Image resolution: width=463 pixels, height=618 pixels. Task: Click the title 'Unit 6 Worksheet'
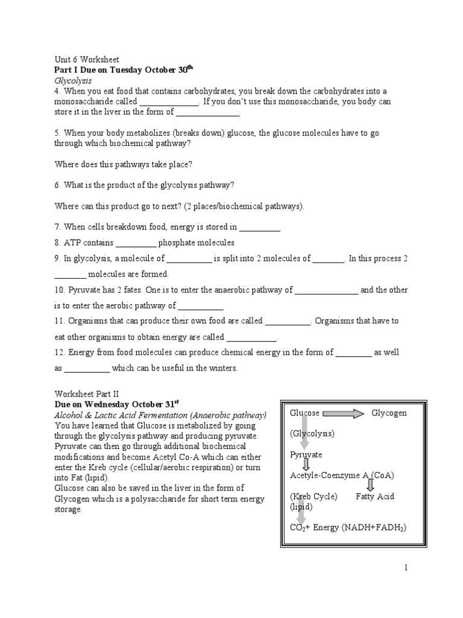pos(87,60)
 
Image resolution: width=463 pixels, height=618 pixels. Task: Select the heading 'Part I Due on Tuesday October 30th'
pos(124,70)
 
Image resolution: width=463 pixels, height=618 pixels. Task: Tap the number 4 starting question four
pos(57,91)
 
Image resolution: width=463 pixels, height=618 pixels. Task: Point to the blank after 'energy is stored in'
pos(260,228)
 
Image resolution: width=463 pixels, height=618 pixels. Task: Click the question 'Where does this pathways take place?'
pos(124,164)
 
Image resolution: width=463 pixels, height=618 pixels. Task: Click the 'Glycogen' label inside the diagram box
pos(389,413)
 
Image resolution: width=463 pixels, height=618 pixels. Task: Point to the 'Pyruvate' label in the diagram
pos(306,454)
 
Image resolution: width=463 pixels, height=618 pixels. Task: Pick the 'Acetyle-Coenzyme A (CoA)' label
pos(342,476)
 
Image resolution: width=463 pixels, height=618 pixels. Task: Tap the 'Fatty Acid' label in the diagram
pos(376,497)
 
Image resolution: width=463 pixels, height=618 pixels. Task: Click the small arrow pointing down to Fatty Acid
pos(370,485)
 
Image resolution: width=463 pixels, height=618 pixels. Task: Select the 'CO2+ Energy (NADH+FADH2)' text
pos(348,527)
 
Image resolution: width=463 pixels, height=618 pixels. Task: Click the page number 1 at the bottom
pos(406,568)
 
